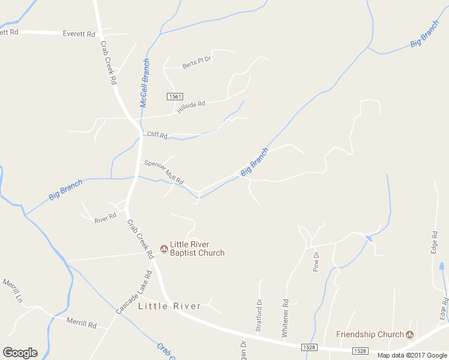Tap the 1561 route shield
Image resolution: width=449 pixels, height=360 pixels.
tap(175, 96)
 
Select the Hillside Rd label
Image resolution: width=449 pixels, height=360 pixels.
tap(191, 104)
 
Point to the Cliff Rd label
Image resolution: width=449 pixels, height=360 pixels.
tap(157, 134)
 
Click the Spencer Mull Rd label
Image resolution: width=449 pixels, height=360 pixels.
tap(163, 172)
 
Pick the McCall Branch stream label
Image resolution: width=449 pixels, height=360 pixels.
tap(145, 83)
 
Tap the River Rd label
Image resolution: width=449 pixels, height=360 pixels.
tap(105, 220)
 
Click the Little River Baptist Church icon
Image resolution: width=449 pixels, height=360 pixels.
tap(163, 248)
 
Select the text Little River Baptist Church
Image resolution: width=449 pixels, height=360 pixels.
tap(197, 248)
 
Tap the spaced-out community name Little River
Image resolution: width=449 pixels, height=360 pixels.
tap(170, 306)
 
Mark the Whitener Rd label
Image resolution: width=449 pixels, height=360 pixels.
tap(285, 317)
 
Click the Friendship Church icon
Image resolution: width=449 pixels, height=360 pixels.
tap(410, 334)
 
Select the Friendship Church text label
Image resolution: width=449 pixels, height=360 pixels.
tap(370, 334)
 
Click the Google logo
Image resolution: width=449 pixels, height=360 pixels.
tap(20, 353)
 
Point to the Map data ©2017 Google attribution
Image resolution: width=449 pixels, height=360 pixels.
tap(412, 355)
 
